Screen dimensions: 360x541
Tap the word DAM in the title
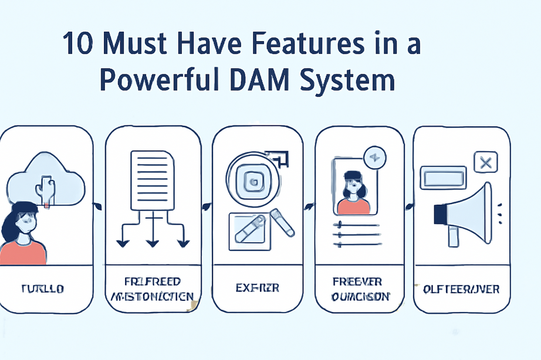pyautogui.click(x=259, y=80)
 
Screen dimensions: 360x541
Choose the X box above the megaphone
pyautogui.click(x=485, y=163)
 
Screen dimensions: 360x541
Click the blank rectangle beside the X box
pyautogui.click(x=444, y=177)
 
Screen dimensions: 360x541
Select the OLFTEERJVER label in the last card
pyautogui.click(x=461, y=288)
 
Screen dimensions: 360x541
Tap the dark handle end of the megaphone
pyautogui.click(x=439, y=215)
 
